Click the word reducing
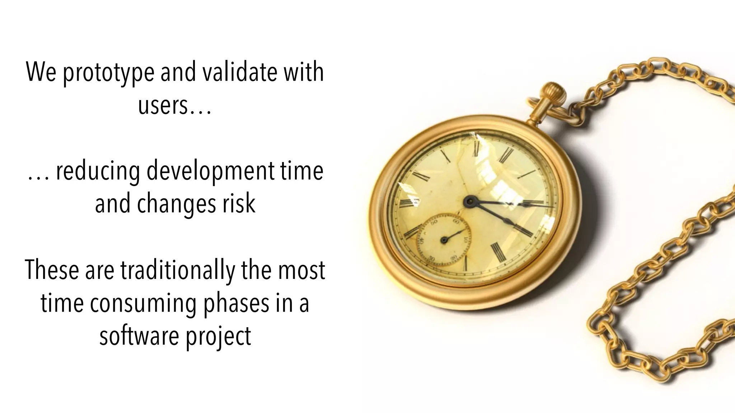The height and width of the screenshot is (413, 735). [98, 171]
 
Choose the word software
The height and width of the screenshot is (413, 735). [140, 336]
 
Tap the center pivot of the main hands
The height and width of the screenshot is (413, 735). [468, 201]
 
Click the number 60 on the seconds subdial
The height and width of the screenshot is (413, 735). [456, 222]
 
